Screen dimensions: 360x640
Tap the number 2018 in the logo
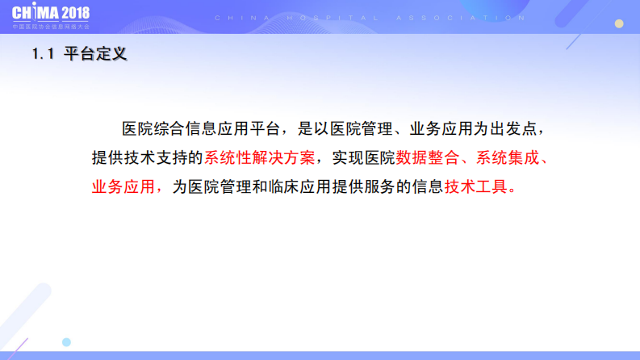74,14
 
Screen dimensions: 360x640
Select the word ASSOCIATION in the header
468,17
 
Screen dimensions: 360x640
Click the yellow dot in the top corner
619,24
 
